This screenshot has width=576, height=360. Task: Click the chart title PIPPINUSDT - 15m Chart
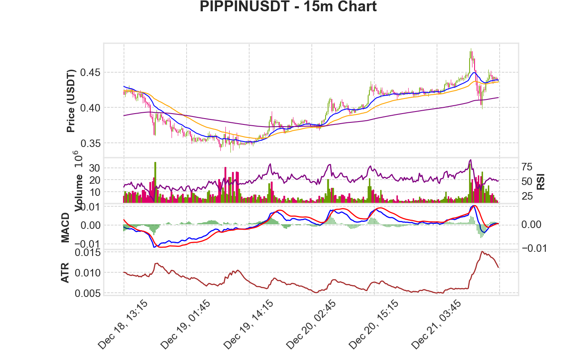(x=288, y=6)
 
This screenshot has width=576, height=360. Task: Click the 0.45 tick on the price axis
(x=90, y=73)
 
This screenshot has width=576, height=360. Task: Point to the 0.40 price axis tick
(x=90, y=108)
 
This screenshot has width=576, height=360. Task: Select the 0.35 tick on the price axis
(x=90, y=143)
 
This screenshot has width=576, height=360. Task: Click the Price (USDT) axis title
(x=71, y=101)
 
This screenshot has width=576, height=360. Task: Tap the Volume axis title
(x=79, y=193)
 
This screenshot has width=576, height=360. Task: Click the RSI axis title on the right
(x=541, y=182)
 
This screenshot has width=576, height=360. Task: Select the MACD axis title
(x=65, y=228)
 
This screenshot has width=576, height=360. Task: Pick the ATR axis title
(x=65, y=273)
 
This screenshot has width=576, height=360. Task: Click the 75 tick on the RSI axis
(x=527, y=167)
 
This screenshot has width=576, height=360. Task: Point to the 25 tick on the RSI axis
(x=527, y=196)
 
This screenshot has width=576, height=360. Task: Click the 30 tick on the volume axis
(x=94, y=168)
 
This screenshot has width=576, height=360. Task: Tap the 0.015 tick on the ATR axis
(x=88, y=253)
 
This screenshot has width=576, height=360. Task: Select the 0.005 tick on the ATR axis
(x=88, y=293)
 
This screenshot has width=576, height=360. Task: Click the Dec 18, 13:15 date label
(x=123, y=325)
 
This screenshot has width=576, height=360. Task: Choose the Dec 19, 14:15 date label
(x=248, y=325)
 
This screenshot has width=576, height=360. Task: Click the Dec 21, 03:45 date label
(x=436, y=325)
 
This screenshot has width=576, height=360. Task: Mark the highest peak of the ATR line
(x=482, y=251)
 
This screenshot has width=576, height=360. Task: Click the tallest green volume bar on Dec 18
(x=155, y=183)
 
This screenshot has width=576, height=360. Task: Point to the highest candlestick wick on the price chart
(x=471, y=49)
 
